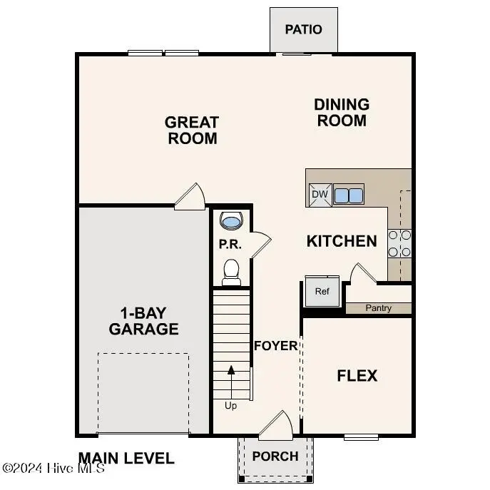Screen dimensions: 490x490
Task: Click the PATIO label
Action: pyautogui.click(x=303, y=29)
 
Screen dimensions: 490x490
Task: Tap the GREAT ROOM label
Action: pyautogui.click(x=193, y=130)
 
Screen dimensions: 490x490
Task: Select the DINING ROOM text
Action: pyautogui.click(x=342, y=113)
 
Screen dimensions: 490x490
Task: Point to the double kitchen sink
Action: pyautogui.click(x=347, y=195)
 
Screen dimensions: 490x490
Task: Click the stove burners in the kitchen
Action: pyautogui.click(x=399, y=243)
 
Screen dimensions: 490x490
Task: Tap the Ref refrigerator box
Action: pyautogui.click(x=322, y=290)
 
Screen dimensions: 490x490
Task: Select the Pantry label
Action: pyautogui.click(x=379, y=309)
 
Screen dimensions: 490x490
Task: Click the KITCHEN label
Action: pyautogui.click(x=342, y=241)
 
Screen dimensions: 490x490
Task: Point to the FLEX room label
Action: pyautogui.click(x=357, y=375)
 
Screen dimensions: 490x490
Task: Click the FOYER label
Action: pyautogui.click(x=276, y=346)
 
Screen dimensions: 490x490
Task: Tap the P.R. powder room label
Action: pyautogui.click(x=230, y=245)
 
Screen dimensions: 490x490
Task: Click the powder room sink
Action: pyautogui.click(x=231, y=221)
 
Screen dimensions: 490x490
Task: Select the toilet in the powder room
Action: pyautogui.click(x=231, y=270)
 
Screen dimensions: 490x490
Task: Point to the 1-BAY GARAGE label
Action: pyautogui.click(x=143, y=321)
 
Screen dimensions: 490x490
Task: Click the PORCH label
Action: pyautogui.click(x=275, y=456)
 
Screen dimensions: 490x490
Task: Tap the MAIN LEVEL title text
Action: pyautogui.click(x=126, y=458)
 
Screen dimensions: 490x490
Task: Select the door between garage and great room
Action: pyautogui.click(x=191, y=196)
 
